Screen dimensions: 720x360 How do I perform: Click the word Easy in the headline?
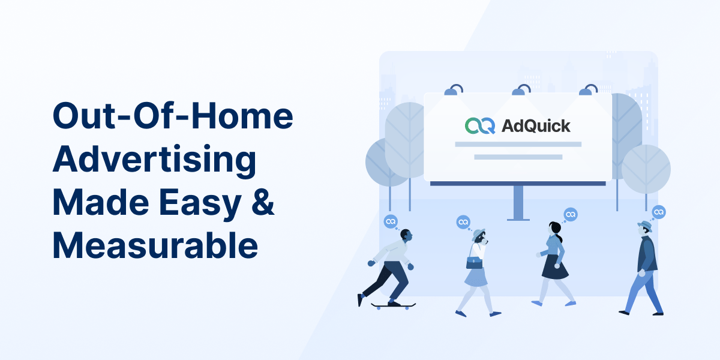(x=200, y=204)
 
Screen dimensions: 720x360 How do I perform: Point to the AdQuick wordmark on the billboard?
(x=536, y=125)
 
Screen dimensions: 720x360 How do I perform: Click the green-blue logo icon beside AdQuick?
(x=480, y=125)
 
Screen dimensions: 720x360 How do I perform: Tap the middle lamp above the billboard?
(x=521, y=90)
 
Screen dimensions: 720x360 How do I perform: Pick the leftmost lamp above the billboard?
(x=454, y=90)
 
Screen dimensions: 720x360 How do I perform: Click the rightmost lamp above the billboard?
(x=588, y=90)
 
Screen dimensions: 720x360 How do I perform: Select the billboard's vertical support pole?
(x=518, y=203)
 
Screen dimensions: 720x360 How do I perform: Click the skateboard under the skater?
(x=393, y=305)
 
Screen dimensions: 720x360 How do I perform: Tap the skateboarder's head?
(x=406, y=236)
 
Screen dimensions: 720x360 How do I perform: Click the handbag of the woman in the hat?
(x=474, y=263)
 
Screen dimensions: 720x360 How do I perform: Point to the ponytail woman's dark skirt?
(x=554, y=268)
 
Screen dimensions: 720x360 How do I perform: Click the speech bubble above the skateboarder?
(x=391, y=222)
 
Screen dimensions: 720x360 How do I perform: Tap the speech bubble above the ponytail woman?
(x=571, y=214)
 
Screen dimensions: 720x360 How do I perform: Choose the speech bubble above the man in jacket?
(x=659, y=212)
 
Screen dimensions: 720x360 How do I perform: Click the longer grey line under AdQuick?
(x=518, y=145)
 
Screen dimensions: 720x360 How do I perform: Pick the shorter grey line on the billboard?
(x=518, y=157)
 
